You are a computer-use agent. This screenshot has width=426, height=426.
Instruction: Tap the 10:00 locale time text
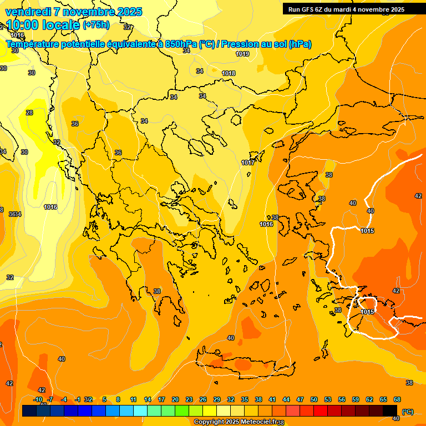tap(42, 26)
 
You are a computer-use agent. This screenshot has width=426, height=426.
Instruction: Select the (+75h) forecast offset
tap(96, 25)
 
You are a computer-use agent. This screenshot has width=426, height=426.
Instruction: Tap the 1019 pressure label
tap(242, 54)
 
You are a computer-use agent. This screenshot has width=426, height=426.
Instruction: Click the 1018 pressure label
tap(229, 73)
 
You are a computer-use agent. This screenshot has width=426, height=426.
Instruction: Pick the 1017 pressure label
tap(248, 163)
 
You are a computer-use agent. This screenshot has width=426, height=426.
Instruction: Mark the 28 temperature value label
tap(29, 113)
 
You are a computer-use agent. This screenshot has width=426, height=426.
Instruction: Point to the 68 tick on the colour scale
tap(397, 399)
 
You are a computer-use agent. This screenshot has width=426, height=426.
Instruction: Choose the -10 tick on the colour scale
tap(38, 399)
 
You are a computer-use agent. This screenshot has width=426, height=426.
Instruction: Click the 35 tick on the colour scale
tap(245, 399)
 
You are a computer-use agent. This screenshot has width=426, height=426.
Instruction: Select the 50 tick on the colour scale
tap(314, 399)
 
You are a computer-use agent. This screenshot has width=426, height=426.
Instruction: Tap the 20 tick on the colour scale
tap(175, 399)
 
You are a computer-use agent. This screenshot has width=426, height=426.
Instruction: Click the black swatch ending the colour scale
tap(390, 410)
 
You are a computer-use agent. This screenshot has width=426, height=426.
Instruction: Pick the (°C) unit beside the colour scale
tap(407, 411)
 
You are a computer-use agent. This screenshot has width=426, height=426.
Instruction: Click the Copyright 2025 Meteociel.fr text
tap(235, 422)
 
